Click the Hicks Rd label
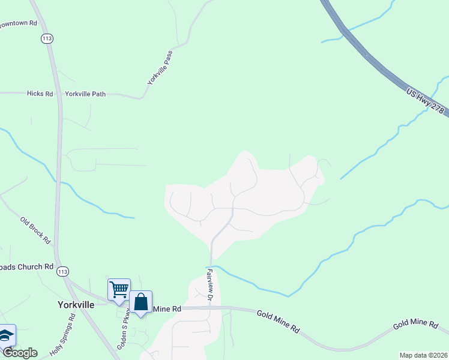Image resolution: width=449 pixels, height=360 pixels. tap(40, 94)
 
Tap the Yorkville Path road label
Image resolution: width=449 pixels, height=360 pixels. tap(85, 94)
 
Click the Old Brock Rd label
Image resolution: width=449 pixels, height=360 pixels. tap(35, 229)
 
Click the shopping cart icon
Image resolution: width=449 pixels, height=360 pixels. tap(119, 289)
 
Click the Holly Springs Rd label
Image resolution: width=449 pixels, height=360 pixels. tap(62, 340)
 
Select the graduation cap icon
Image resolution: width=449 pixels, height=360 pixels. tap(6, 335)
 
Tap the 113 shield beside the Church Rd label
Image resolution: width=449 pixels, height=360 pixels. tap(62, 271)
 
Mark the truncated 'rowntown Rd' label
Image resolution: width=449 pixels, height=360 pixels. tap(18, 23)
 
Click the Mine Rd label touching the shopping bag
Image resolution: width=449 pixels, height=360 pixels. tap(167, 308)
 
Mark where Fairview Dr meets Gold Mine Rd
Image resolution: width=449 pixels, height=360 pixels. tap(210, 307)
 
